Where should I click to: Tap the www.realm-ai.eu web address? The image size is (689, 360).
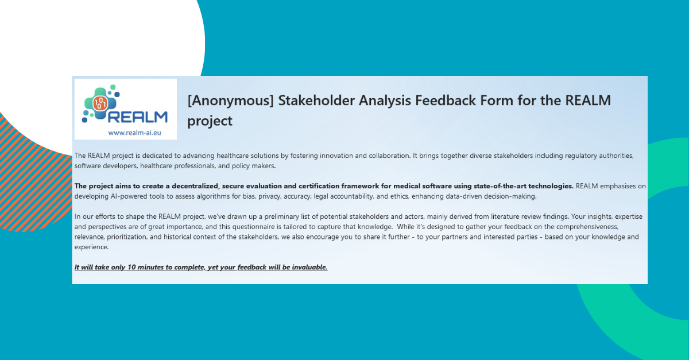[125, 132]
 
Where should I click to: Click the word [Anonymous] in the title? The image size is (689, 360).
[230, 100]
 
